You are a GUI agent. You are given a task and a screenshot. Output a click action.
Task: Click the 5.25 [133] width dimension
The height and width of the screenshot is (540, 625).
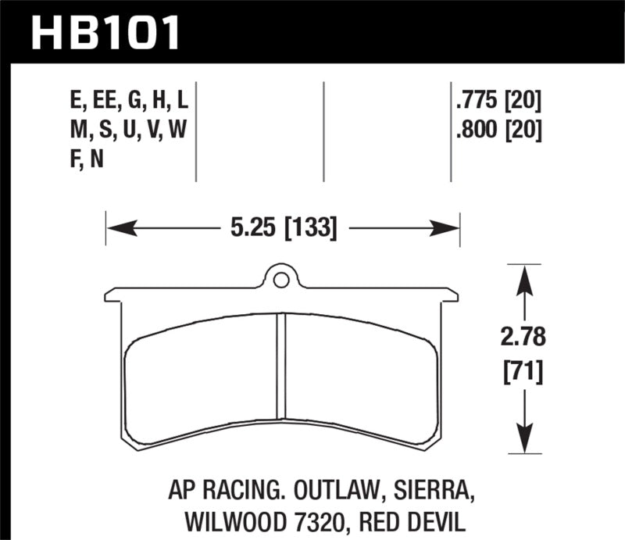(x=283, y=229)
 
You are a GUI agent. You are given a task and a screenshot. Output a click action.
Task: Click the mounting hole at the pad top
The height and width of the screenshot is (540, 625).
(x=281, y=277)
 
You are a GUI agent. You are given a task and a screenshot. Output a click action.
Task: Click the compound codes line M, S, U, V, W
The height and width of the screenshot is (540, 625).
(x=129, y=129)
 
